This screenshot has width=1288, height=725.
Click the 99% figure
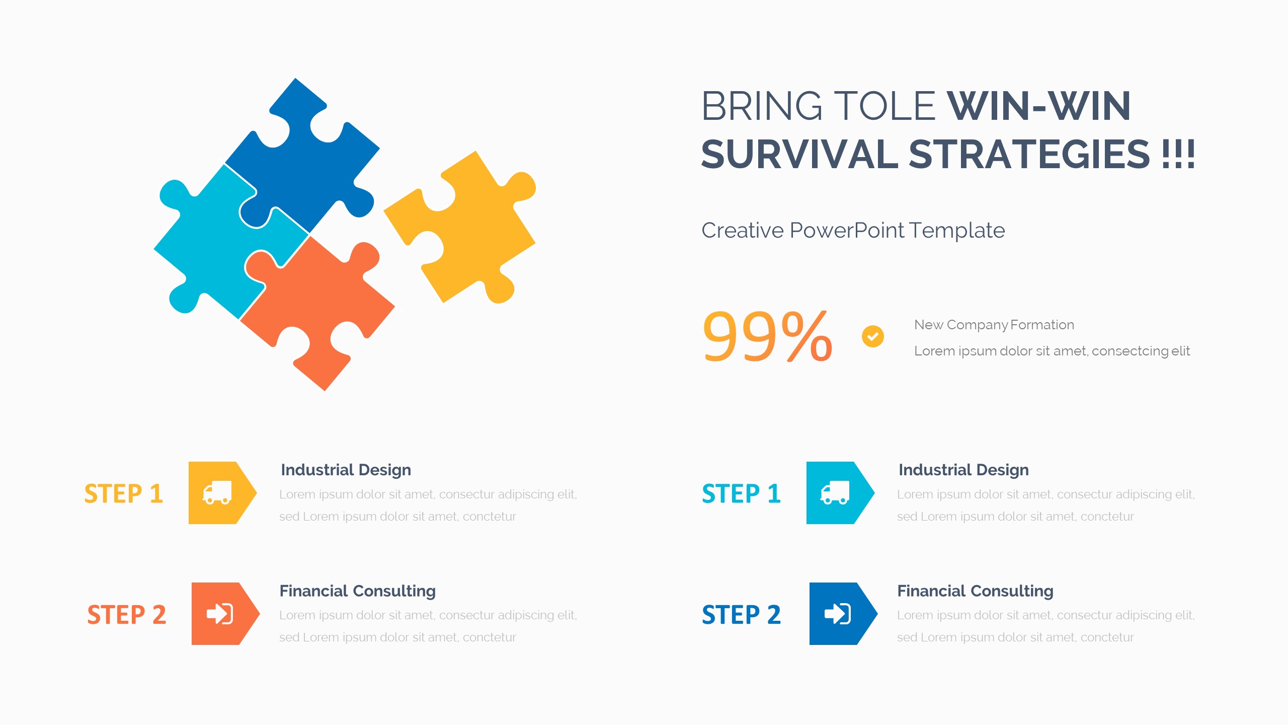click(x=768, y=336)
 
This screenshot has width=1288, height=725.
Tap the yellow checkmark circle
click(x=873, y=336)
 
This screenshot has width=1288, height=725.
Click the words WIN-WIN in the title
click(x=1039, y=106)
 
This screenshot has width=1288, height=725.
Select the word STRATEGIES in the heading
click(x=1029, y=154)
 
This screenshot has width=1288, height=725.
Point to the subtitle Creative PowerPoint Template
click(x=853, y=231)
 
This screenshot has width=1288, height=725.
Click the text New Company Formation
click(x=994, y=325)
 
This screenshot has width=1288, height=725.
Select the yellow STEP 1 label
click(x=124, y=493)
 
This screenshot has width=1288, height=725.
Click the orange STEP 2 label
click(x=127, y=614)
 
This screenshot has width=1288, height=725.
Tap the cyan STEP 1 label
click(x=742, y=493)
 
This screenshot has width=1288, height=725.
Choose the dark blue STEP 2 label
click(x=742, y=614)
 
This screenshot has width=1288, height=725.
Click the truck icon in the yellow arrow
click(x=217, y=492)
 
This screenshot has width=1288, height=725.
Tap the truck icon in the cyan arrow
click(x=835, y=492)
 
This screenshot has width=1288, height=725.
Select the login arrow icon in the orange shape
click(x=220, y=614)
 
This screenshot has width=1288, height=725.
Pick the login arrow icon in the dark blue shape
click(x=838, y=614)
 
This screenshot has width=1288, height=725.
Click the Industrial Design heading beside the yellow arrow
click(x=346, y=470)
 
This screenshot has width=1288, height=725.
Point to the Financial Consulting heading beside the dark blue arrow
click(x=976, y=591)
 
